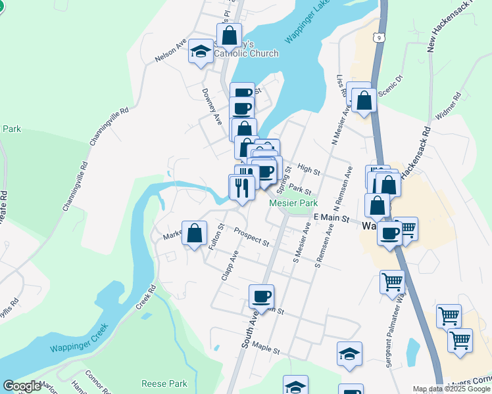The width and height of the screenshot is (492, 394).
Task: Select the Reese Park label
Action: pyautogui.click(x=164, y=383)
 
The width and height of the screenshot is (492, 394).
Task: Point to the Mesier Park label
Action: pyautogui.click(x=293, y=204)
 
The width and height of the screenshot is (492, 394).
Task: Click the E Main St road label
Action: pyautogui.click(x=330, y=217)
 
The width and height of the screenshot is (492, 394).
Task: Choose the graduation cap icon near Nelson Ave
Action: pyautogui.click(x=200, y=53)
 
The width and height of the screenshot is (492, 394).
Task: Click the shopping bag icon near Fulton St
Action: pyautogui.click(x=195, y=233)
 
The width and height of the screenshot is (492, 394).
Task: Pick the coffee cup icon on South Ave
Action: pyautogui.click(x=261, y=295)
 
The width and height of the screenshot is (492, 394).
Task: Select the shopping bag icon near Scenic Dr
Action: pyautogui.click(x=364, y=100)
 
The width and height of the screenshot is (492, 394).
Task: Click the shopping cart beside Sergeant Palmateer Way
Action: pyautogui.click(x=393, y=282)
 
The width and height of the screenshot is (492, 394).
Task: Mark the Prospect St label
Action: pyautogui.click(x=251, y=238)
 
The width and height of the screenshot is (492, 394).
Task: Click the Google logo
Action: pyautogui.click(x=22, y=386)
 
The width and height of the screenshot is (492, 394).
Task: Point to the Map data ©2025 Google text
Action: pyautogui.click(x=451, y=389)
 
